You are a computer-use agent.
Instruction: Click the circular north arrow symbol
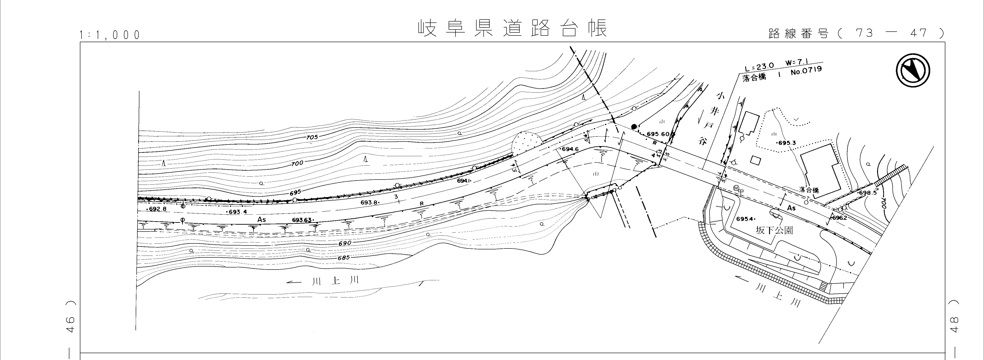tap(913, 70)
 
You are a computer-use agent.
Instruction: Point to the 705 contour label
tap(312, 138)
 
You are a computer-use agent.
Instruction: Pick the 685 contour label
tap(344, 258)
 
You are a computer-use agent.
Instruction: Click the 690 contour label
tap(345, 243)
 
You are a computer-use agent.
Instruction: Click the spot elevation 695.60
tap(658, 134)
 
